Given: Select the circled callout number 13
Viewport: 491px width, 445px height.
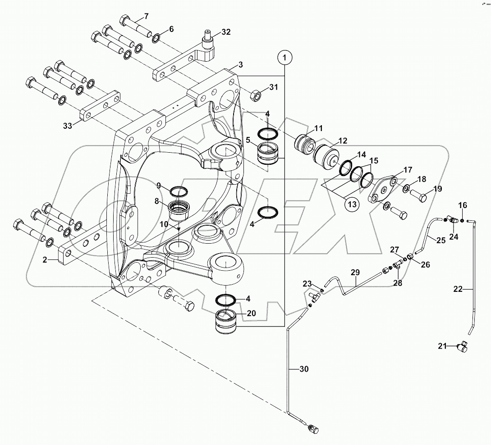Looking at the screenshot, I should click(x=353, y=204).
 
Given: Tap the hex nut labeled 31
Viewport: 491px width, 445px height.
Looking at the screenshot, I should click(x=255, y=95).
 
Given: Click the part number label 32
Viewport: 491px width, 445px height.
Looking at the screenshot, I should click(x=226, y=32).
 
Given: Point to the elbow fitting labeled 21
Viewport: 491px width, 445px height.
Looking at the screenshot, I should click(x=463, y=346).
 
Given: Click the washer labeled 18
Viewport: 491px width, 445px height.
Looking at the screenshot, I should click(x=407, y=188).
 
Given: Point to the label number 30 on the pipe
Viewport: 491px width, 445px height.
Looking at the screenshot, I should click(x=305, y=370).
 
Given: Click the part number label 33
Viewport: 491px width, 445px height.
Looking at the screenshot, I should click(x=68, y=126).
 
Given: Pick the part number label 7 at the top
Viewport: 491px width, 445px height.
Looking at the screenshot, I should click(x=146, y=17).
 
